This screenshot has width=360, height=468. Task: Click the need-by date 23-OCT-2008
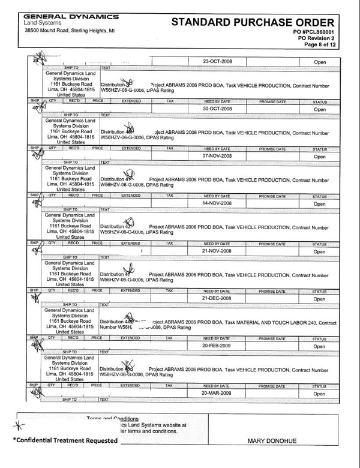[x=218, y=61]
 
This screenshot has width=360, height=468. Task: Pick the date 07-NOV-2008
[x=218, y=156]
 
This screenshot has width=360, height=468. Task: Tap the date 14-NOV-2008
[x=218, y=203]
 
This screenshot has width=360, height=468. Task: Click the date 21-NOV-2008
[x=218, y=251]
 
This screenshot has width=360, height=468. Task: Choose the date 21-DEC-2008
[x=218, y=298]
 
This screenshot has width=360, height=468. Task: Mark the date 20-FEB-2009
[x=218, y=346]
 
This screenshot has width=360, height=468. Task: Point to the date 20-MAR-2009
[x=218, y=393]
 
